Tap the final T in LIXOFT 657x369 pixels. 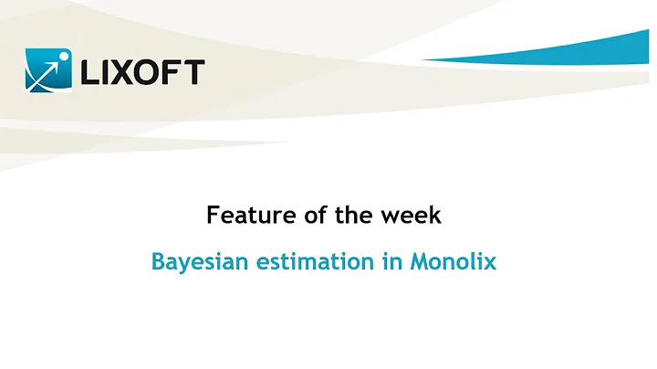[x=194, y=72]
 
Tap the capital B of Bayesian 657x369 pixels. [x=158, y=262]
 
